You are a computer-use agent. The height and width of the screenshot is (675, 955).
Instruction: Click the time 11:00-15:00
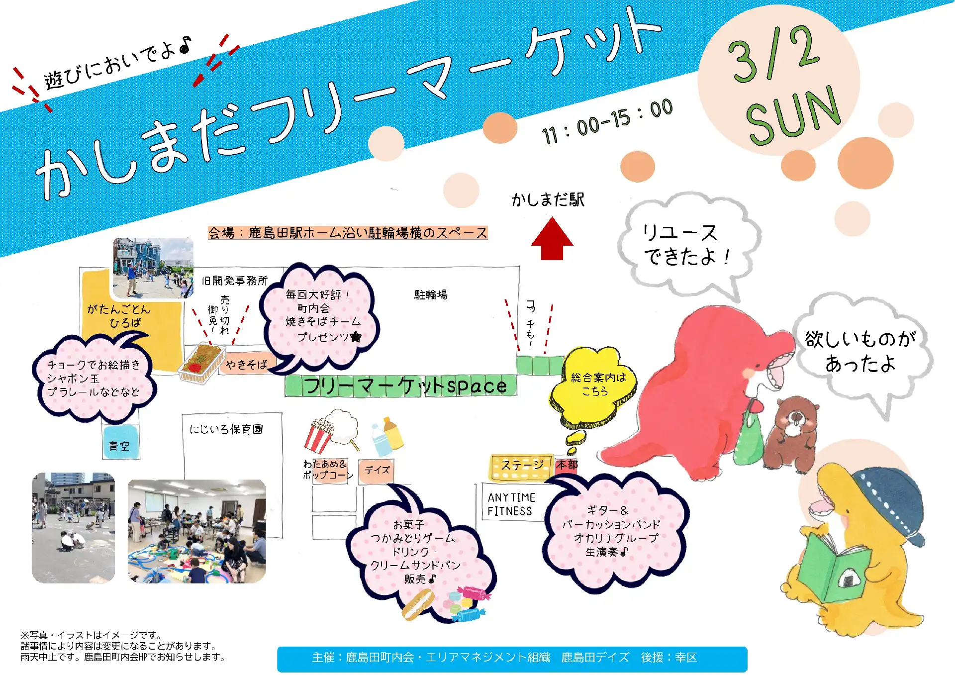(607, 121)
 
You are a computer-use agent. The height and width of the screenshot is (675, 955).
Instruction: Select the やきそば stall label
(247, 365)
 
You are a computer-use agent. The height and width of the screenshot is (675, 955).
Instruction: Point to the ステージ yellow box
(521, 467)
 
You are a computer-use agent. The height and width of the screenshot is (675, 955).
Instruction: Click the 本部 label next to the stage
(567, 465)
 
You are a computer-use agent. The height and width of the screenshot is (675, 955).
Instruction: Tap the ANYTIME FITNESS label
(511, 504)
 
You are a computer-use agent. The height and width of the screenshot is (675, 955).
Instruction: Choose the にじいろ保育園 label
(226, 429)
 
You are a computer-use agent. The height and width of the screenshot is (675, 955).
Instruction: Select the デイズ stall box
(377, 471)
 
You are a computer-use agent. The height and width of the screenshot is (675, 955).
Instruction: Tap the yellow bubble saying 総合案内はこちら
(594, 386)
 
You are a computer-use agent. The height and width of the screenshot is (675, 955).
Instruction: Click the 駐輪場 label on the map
(431, 295)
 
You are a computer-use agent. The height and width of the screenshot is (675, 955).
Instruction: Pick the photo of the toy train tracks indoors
(197, 531)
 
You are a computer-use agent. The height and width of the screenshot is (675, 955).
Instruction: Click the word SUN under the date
(793, 116)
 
